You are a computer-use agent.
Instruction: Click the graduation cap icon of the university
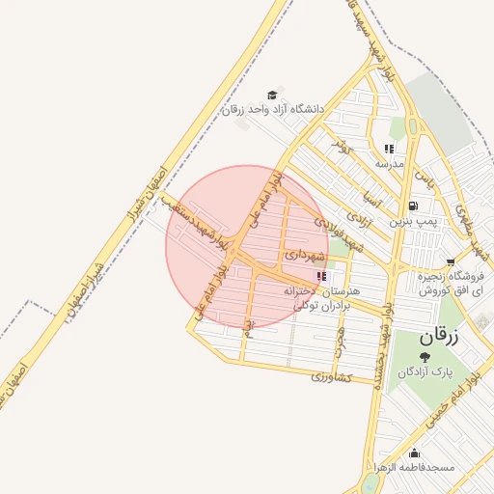coord(273,95)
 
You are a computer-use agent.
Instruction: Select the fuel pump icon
coord(414,206)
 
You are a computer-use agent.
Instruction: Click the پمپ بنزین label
coord(414,221)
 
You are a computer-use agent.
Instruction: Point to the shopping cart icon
coord(451,261)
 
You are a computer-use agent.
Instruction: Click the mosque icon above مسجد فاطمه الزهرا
coord(415,453)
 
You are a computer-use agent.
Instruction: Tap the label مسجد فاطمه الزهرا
coord(418,468)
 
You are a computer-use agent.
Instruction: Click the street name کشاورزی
coord(335,375)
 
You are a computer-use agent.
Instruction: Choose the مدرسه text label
coord(389,164)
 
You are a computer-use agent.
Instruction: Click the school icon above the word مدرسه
coord(389,149)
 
